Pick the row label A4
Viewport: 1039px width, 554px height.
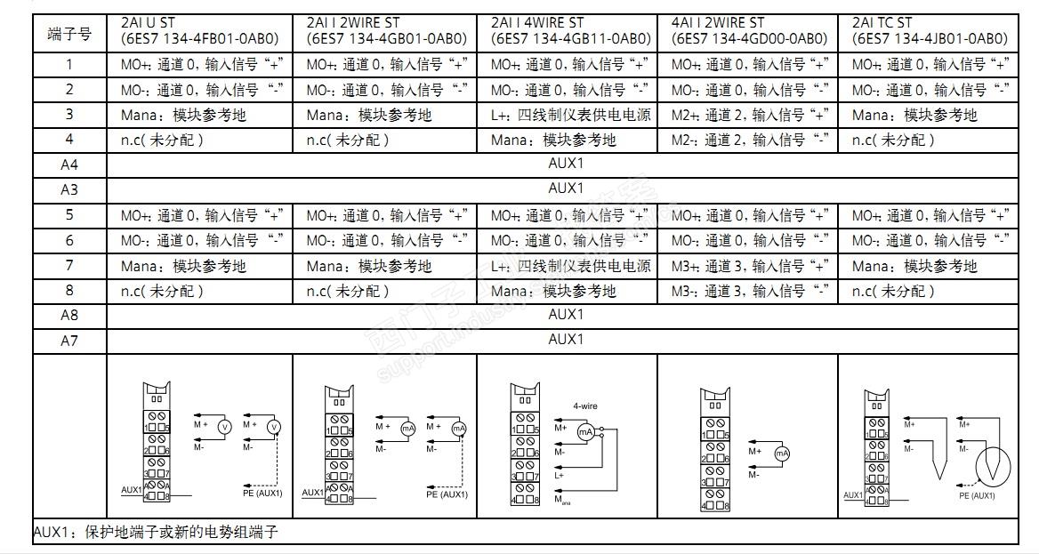coord(68,165)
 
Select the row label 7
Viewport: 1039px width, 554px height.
coord(68,265)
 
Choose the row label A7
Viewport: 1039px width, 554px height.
coord(68,341)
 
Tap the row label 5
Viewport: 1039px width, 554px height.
coord(68,215)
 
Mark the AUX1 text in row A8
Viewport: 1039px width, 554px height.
coord(565,315)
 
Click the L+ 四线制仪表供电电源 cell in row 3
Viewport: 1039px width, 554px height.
coord(570,115)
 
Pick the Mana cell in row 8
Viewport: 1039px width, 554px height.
coord(553,291)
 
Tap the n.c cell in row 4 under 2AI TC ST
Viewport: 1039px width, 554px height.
coord(893,140)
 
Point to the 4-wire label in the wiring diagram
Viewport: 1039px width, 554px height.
coord(584,405)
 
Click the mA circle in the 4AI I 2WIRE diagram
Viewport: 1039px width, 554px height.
coord(782,454)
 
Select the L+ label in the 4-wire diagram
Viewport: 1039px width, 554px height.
coord(560,476)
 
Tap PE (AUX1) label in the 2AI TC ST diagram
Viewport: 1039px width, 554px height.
coord(977,495)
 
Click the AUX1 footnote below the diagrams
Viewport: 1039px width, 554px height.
coord(157,533)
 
